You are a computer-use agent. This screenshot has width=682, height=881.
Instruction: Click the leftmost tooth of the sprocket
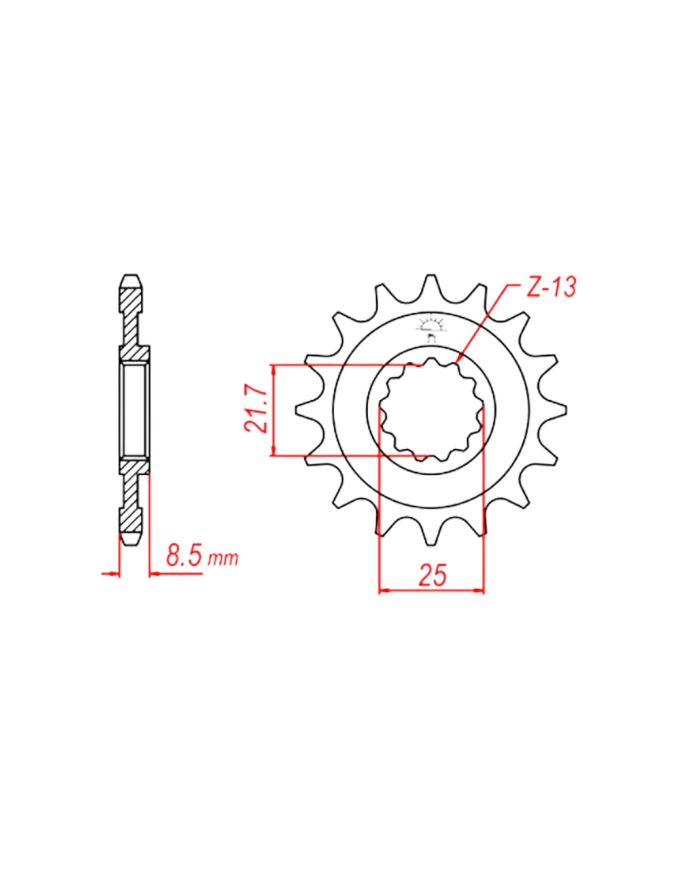pos(308,410)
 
